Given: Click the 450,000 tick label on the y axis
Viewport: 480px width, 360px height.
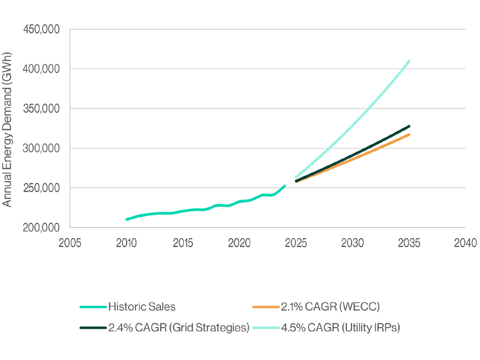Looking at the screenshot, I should click(x=41, y=29).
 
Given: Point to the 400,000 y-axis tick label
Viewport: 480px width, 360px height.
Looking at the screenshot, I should click(x=41, y=69).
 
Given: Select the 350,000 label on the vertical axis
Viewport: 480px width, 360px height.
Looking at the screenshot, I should click(x=41, y=109).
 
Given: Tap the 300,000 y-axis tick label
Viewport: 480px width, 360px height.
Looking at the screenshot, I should click(x=41, y=148).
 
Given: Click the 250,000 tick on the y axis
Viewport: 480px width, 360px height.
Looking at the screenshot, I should click(x=41, y=188).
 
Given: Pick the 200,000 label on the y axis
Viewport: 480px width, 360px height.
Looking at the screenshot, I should click(x=41, y=228).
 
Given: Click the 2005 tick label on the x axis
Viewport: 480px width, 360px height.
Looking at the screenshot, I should click(x=70, y=242).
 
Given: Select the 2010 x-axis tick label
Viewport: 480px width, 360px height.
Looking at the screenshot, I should click(x=126, y=242).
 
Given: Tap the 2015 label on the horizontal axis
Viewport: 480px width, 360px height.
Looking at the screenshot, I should click(x=183, y=242).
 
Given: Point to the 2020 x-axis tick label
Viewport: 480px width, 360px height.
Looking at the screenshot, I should click(x=239, y=242).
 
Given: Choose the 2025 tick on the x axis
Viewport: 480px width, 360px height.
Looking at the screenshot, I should click(x=296, y=242).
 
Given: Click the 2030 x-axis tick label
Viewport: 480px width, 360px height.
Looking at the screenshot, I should click(x=353, y=242).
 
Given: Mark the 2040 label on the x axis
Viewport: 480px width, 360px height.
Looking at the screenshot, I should click(x=465, y=242).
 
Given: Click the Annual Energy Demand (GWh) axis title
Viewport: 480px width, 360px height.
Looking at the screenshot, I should click(x=8, y=128).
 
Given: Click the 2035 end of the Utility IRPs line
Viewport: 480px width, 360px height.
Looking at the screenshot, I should click(x=410, y=61).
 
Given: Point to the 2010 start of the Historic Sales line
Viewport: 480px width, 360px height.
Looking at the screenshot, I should click(x=127, y=219).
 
